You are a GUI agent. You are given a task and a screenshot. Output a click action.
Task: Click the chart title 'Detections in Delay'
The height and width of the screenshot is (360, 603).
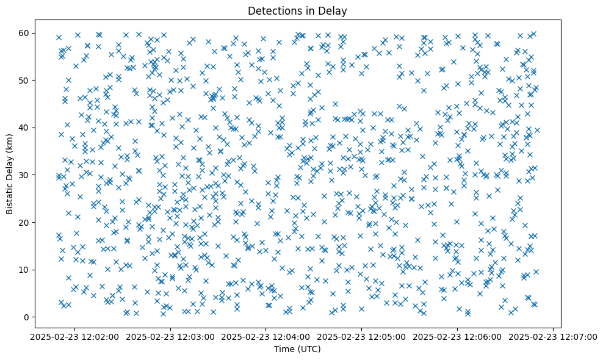point(297,11)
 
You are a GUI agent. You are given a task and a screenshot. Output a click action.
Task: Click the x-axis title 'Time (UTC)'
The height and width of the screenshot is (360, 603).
point(297,350)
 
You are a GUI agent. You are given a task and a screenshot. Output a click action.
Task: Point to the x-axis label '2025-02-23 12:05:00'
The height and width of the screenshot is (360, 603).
point(362,337)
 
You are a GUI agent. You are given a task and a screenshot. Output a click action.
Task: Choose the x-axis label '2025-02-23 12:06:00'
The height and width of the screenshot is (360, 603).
point(458,337)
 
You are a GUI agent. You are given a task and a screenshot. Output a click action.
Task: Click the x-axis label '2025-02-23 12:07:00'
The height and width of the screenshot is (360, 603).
point(553,337)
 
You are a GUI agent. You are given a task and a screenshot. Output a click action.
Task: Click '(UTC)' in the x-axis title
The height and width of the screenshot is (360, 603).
point(309,350)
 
